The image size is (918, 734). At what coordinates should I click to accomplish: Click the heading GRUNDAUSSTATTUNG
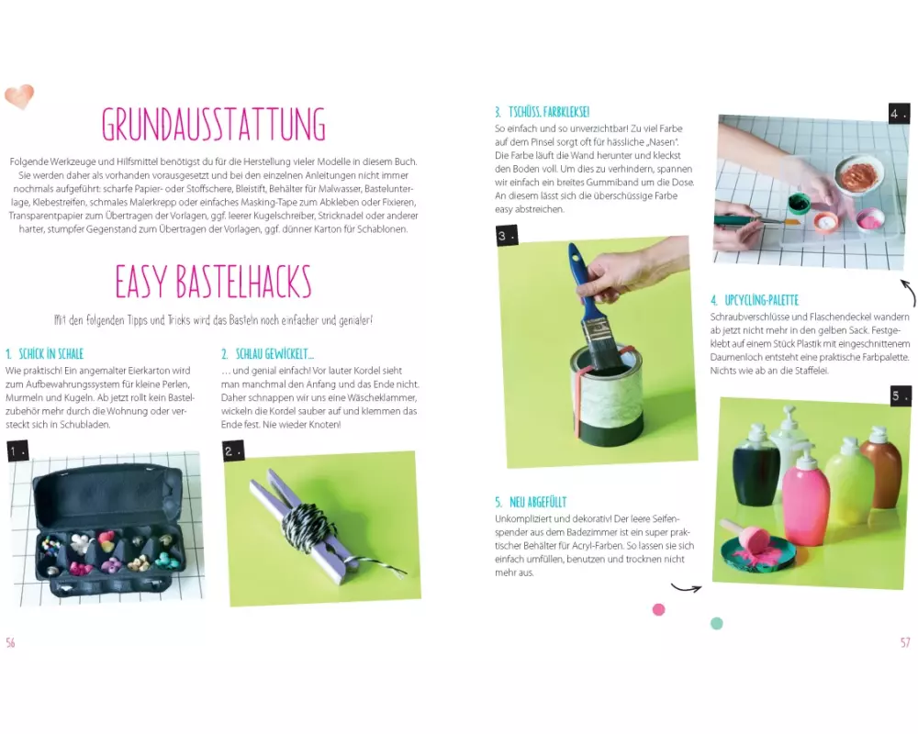(213, 124)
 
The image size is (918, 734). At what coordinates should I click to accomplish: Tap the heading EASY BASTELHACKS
(213, 282)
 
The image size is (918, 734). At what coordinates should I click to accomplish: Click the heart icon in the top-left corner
(19, 96)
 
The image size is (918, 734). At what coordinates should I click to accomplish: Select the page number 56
(10, 642)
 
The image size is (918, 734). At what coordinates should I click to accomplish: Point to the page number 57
(905, 642)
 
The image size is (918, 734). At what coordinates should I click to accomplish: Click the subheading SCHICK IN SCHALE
(44, 353)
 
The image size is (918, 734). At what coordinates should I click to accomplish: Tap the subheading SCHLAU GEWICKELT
(267, 353)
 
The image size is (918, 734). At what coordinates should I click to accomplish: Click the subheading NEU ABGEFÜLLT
(531, 502)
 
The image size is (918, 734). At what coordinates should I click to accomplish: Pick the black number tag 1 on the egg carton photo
(18, 451)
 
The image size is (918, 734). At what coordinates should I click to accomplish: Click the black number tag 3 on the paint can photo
(507, 236)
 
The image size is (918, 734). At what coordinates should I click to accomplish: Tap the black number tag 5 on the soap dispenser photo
(901, 395)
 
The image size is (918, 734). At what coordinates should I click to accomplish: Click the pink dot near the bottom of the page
(658, 610)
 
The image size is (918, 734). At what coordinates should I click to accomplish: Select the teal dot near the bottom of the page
(717, 623)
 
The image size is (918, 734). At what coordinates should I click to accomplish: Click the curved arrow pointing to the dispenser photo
(686, 587)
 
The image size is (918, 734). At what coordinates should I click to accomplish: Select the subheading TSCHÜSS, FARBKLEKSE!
(542, 112)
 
